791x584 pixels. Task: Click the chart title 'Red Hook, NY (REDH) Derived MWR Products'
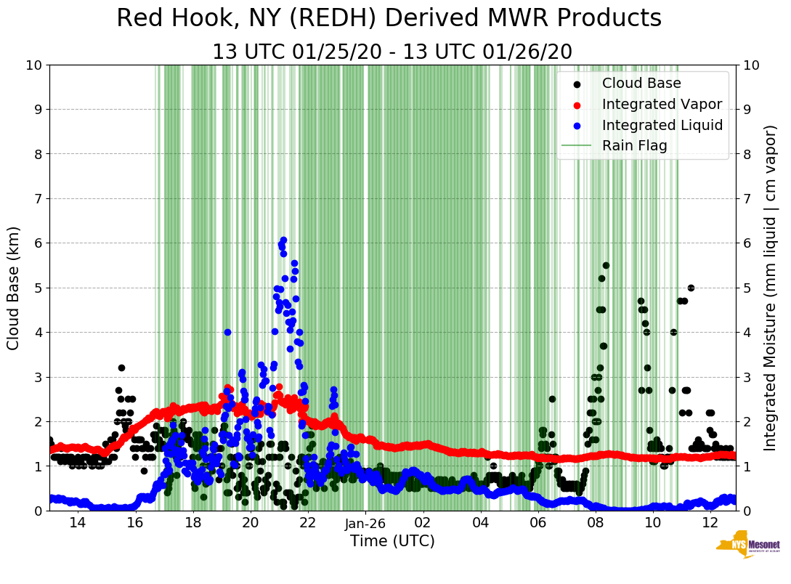(x=389, y=19)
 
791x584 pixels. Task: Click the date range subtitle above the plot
(x=392, y=52)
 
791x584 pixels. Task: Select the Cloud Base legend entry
(x=641, y=84)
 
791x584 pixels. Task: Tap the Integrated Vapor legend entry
(x=662, y=105)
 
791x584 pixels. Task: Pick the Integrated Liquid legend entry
(x=662, y=125)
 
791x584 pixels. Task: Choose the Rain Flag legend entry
(x=634, y=146)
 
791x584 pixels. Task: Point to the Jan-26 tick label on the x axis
(x=365, y=523)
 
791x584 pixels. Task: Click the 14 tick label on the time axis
(x=77, y=523)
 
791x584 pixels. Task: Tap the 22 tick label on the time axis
(x=307, y=523)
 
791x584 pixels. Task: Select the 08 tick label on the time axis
(x=596, y=523)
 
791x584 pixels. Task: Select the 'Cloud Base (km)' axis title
(x=14, y=288)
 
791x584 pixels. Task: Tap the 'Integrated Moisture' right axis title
(x=771, y=288)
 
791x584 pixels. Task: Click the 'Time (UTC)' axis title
(x=392, y=541)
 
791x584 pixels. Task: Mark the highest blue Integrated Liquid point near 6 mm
(x=283, y=240)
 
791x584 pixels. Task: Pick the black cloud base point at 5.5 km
(x=606, y=265)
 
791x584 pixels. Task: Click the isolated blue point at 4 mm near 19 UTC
(x=227, y=332)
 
